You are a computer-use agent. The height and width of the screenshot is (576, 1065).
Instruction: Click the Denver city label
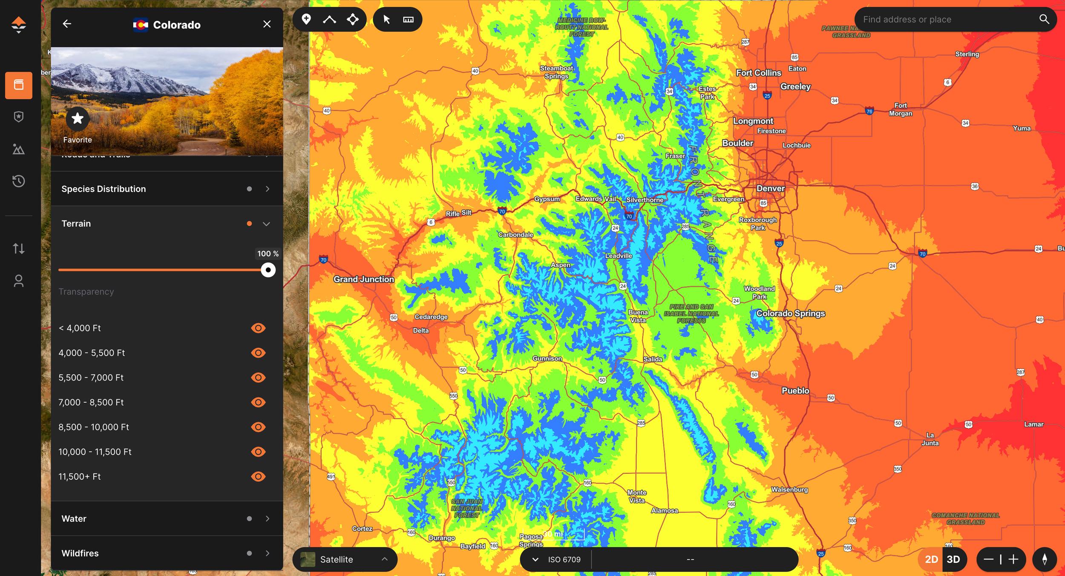(770, 188)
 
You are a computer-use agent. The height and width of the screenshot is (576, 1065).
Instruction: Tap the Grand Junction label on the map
(363, 279)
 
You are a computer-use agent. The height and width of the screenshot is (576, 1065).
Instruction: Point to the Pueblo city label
(795, 390)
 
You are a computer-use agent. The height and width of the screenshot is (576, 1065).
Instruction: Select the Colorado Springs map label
(790, 313)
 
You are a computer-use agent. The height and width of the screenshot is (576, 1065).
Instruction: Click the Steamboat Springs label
(556, 72)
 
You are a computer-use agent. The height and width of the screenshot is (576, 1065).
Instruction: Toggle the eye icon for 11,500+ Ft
(258, 476)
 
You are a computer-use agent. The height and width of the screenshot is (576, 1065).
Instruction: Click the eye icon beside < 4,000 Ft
(258, 328)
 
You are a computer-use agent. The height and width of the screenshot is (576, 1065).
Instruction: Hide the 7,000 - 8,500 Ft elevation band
(258, 402)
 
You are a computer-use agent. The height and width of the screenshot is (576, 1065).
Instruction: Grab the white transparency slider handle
(268, 270)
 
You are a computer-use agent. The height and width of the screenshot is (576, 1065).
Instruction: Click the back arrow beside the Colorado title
(67, 24)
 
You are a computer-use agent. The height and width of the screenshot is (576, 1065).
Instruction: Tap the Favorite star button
(78, 118)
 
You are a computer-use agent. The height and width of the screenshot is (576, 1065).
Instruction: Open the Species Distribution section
(167, 189)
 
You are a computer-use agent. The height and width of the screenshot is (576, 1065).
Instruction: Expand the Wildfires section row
(167, 553)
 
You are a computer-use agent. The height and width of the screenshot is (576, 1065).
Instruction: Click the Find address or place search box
(948, 20)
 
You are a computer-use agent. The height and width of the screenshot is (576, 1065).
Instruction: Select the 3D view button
(953, 559)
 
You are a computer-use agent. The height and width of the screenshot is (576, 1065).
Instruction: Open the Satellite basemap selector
(345, 559)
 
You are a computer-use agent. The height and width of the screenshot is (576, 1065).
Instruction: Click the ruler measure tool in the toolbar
(408, 20)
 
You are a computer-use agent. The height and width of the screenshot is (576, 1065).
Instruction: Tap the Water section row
(167, 519)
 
